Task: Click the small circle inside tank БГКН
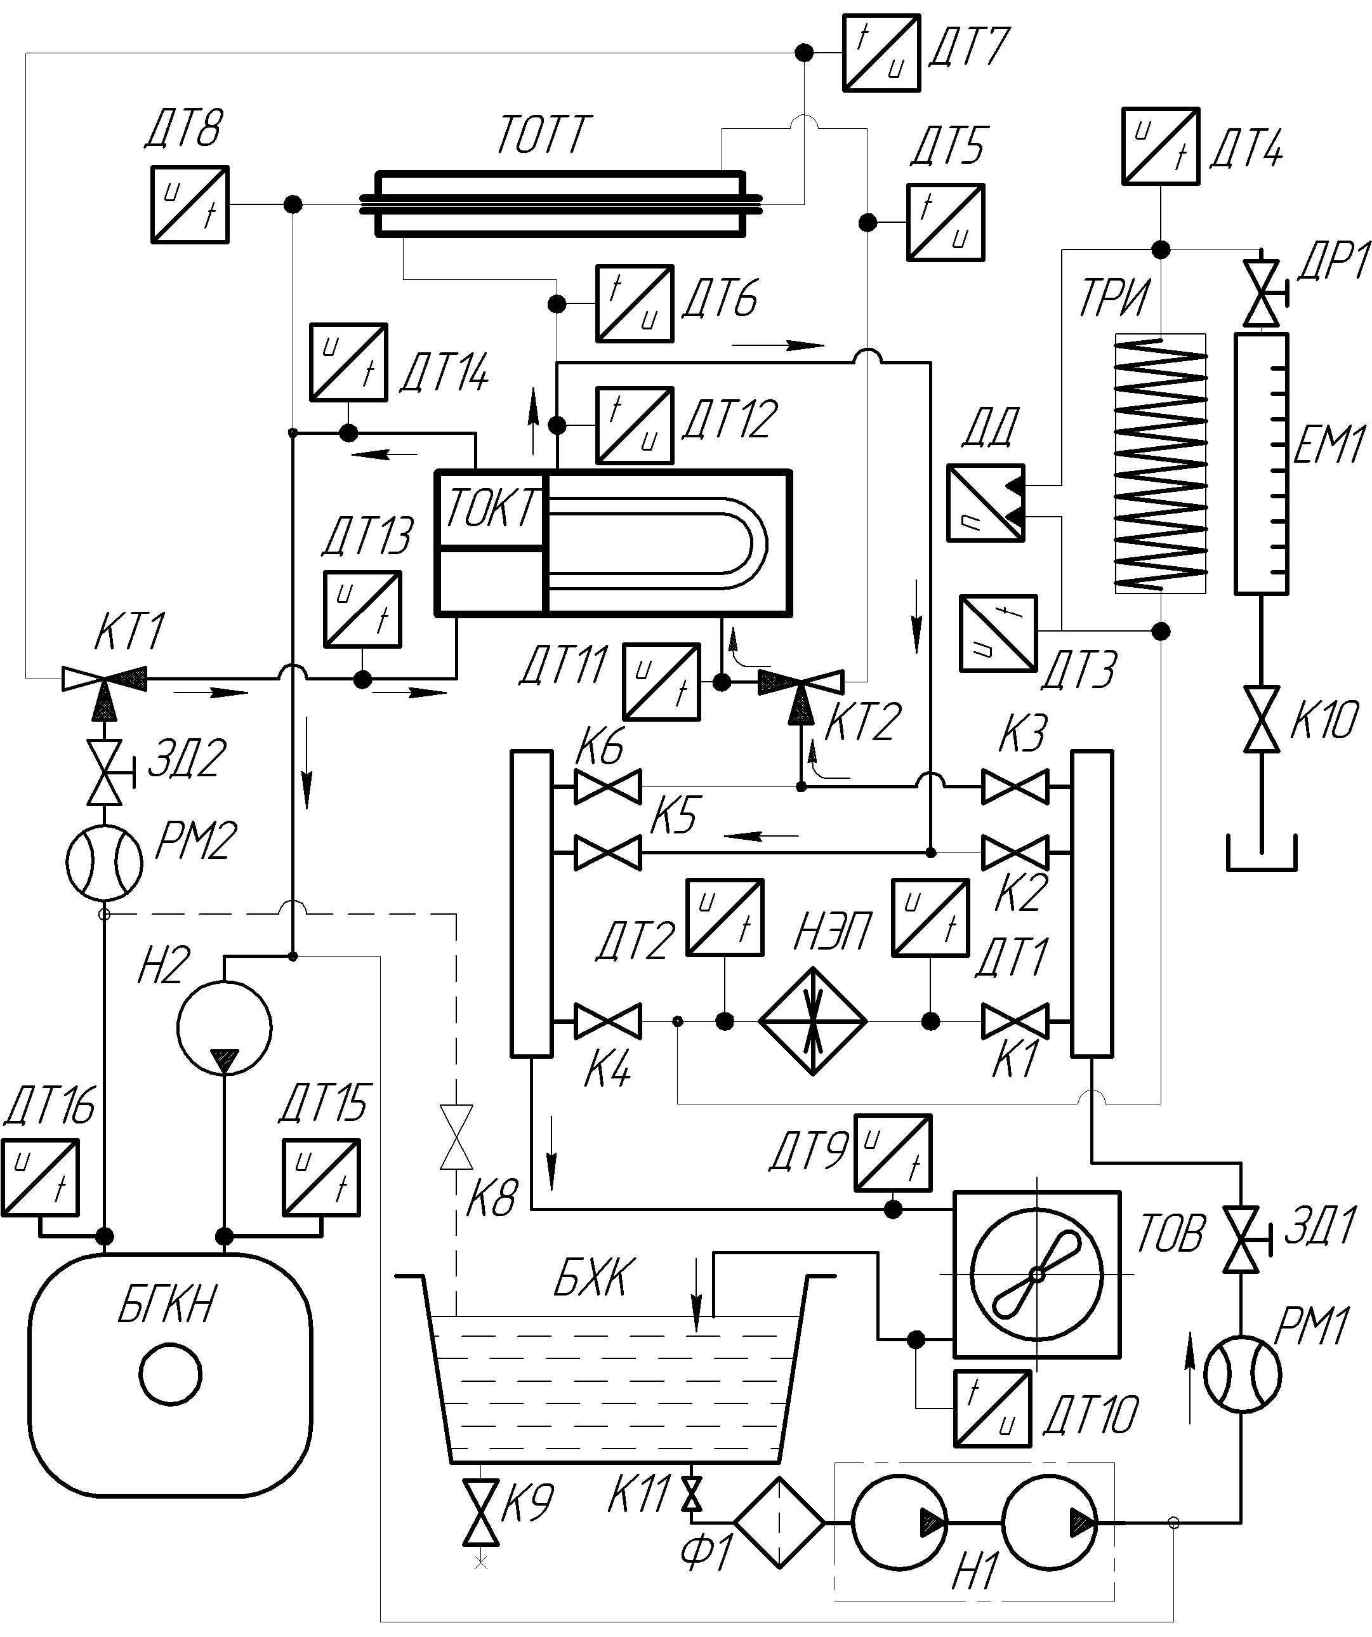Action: pos(171,1374)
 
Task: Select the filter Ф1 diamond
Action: pos(779,1521)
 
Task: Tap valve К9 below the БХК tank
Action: pos(481,1513)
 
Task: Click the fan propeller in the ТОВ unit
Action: pos(1037,1275)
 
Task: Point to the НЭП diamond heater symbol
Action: pos(813,1021)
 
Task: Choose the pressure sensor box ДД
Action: pos(986,503)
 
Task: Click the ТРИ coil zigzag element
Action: pos(1161,465)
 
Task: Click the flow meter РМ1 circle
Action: pos(1242,1374)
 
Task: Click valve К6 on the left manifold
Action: pos(608,786)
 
